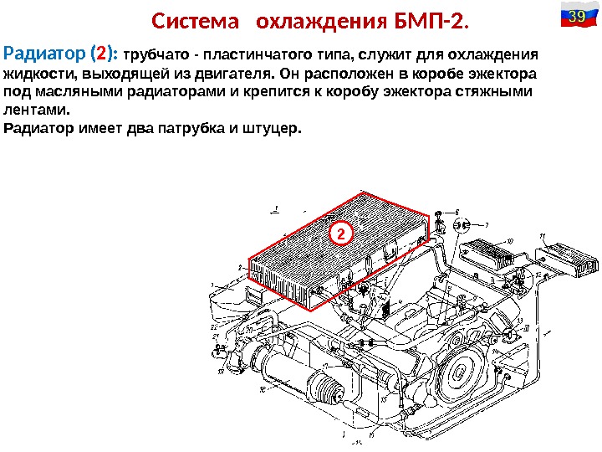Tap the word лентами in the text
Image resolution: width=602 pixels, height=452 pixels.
pos(37,110)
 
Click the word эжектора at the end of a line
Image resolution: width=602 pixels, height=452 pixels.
pos(502,74)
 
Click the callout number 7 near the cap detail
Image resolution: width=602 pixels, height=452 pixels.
pos(487,224)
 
